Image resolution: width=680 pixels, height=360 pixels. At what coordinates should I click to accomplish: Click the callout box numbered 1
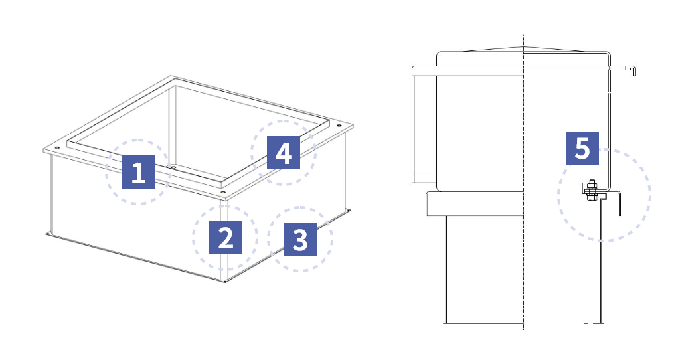tap(138, 172)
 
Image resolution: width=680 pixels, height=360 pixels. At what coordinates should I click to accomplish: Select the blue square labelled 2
tap(225, 238)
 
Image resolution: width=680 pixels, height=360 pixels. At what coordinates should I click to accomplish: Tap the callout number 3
tap(300, 239)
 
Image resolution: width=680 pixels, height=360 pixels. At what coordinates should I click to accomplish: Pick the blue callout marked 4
tap(283, 153)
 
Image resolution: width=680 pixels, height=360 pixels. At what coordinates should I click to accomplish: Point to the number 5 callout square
tap(582, 148)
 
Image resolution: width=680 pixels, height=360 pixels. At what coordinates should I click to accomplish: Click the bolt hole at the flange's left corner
tap(57, 148)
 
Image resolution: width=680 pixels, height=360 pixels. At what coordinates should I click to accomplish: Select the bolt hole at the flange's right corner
tap(338, 126)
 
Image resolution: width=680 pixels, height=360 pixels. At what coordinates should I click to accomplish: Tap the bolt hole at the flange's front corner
tap(223, 192)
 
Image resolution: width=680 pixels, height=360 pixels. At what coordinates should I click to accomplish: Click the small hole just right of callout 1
tap(173, 167)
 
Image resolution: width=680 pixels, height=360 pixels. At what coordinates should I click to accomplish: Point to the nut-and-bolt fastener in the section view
tap(590, 190)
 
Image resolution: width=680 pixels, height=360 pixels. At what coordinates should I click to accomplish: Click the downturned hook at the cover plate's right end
tap(634, 71)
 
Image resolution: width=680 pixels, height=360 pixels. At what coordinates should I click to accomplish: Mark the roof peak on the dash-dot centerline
tap(523, 47)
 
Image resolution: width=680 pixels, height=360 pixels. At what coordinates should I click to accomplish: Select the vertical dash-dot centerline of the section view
tap(523, 182)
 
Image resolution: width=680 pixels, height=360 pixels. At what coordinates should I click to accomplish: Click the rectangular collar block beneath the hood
tap(475, 203)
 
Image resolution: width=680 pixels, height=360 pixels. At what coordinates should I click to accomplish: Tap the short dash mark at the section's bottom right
tap(586, 323)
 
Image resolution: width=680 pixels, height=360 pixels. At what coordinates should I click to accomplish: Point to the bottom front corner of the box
tap(224, 282)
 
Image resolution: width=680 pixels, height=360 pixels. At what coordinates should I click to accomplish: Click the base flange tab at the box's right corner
tap(348, 211)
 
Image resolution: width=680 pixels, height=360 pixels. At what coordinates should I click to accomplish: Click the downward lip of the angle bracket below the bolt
tap(620, 204)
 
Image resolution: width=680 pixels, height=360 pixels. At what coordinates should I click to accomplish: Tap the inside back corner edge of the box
tap(175, 125)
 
